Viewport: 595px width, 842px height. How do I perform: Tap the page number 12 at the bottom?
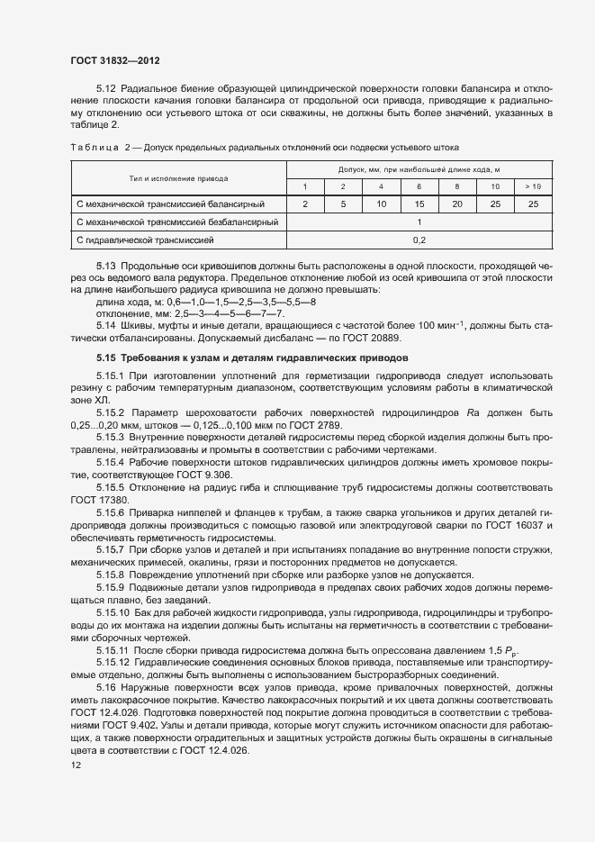pyautogui.click(x=76, y=765)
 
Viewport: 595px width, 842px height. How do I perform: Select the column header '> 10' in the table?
pyautogui.click(x=533, y=186)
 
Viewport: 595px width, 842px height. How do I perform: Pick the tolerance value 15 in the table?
pyautogui.click(x=419, y=204)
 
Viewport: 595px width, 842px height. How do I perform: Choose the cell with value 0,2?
pyautogui.click(x=419, y=240)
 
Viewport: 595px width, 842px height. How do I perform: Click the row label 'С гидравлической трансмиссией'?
pyautogui.click(x=146, y=240)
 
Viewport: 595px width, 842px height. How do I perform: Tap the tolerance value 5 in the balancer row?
pyautogui.click(x=343, y=204)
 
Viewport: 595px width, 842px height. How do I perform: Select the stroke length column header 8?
pyautogui.click(x=456, y=186)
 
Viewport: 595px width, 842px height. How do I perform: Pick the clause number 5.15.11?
pyautogui.click(x=114, y=649)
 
